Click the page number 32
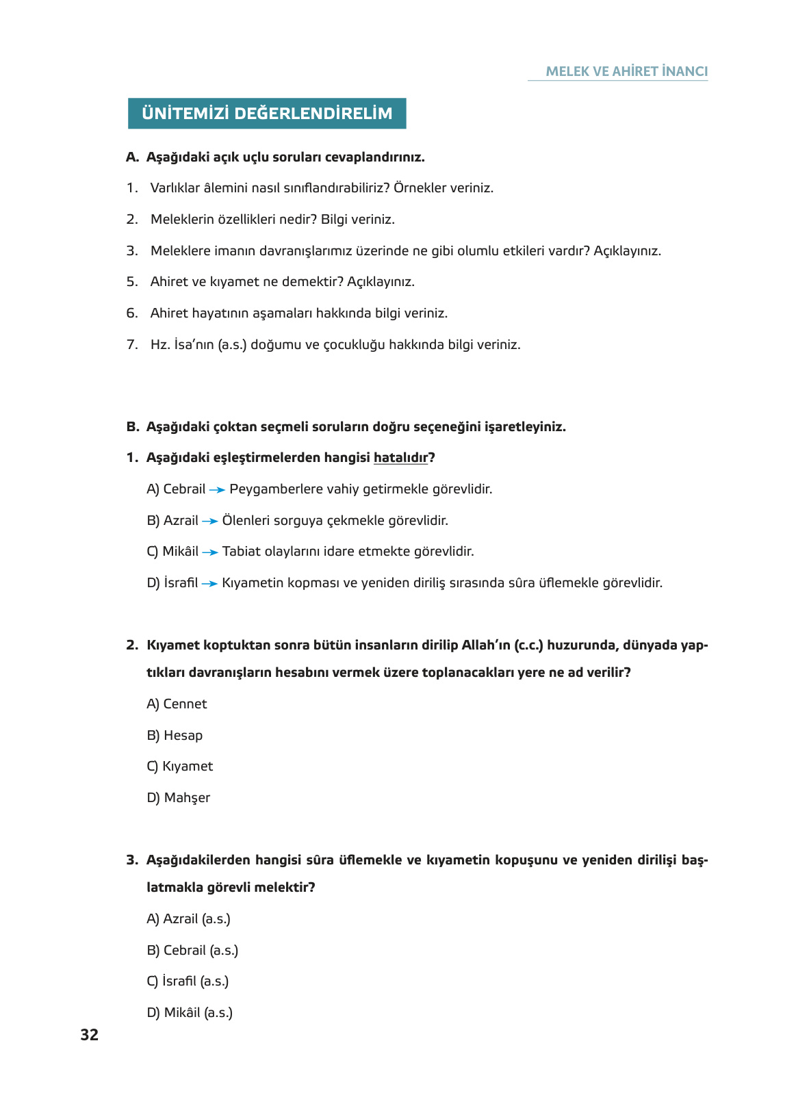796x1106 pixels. (x=89, y=1035)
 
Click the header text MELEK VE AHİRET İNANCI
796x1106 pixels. (x=626, y=71)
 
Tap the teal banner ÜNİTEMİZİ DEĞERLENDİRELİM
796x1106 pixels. (x=267, y=114)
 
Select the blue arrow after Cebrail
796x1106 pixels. (x=217, y=490)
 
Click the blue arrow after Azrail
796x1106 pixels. (x=210, y=522)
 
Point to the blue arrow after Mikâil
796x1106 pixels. (x=210, y=552)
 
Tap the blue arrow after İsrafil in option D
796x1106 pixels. (x=209, y=584)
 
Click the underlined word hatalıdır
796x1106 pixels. (x=400, y=458)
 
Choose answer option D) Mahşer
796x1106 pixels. (x=179, y=798)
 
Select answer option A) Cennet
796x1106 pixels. (x=177, y=704)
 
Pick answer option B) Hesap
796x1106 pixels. (x=175, y=736)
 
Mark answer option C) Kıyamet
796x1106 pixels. (x=180, y=767)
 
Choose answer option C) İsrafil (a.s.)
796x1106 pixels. (x=188, y=981)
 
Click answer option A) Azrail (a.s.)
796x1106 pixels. (x=188, y=919)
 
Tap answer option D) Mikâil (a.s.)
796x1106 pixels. (x=190, y=1013)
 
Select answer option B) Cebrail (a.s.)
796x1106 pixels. (x=192, y=951)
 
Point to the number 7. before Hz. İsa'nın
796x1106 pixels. (x=132, y=345)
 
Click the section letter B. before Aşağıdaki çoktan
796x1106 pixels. (x=132, y=427)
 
